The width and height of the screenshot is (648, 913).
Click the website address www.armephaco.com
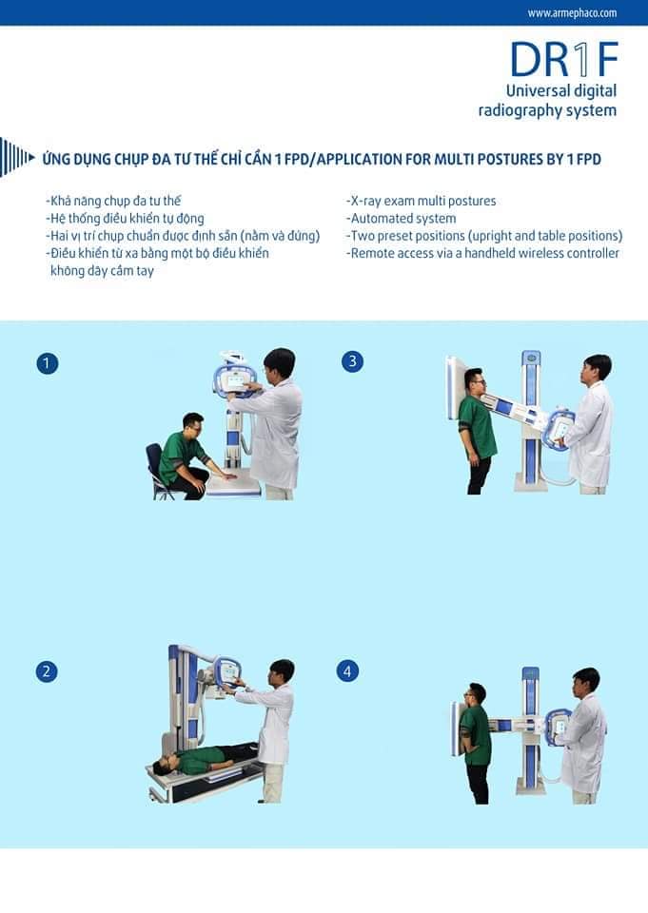click(572, 12)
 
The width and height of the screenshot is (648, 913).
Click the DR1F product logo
click(563, 59)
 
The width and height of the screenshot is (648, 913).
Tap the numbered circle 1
click(47, 363)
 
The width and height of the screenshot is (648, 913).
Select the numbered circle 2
click(47, 671)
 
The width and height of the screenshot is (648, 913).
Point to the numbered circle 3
click(352, 361)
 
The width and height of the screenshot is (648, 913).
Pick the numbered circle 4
click(347, 671)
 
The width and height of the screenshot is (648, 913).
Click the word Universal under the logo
click(538, 91)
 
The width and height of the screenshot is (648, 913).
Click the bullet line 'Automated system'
click(401, 219)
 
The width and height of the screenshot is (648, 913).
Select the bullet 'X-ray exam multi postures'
click(421, 201)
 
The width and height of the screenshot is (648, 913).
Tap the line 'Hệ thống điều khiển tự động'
click(125, 219)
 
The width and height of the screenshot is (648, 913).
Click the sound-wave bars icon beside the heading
click(17, 157)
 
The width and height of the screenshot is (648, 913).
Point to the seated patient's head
click(193, 423)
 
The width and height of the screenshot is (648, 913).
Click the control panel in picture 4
click(559, 726)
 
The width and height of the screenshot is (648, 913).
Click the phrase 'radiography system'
click(547, 110)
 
